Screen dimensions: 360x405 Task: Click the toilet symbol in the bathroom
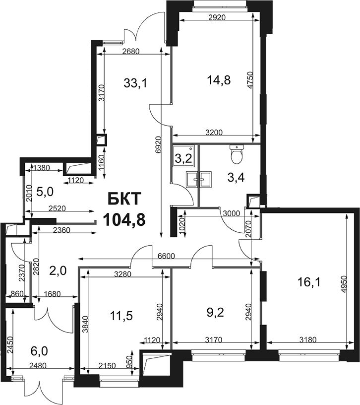[237, 154]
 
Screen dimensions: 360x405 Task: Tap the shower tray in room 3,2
[183, 155]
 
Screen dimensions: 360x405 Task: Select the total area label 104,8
[124, 220]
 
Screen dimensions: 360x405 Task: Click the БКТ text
[124, 199]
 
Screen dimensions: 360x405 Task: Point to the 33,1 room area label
[135, 83]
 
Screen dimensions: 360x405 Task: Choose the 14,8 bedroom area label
[219, 80]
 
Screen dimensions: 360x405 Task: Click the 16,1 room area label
[309, 282]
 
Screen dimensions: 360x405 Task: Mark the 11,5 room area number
[121, 315]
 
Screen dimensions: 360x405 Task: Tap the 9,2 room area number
[215, 313]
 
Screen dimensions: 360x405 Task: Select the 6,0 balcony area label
[39, 351]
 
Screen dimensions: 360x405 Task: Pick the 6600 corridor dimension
[166, 256]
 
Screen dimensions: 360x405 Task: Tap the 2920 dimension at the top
[217, 17]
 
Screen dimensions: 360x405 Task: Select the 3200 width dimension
[214, 133]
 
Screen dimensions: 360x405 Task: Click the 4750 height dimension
[250, 80]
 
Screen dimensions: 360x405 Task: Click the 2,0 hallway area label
[58, 271]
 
